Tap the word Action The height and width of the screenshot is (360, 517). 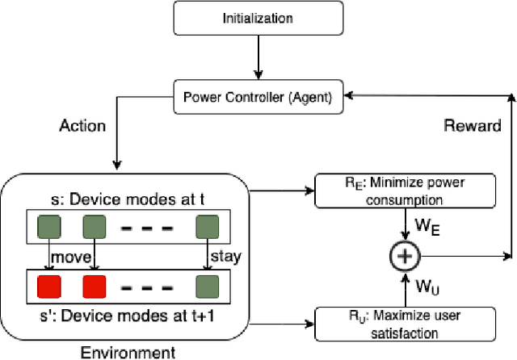(x=82, y=127)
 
